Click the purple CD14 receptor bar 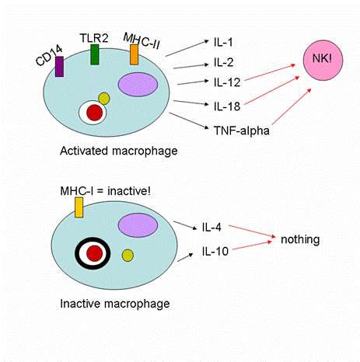(59, 67)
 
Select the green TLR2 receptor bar (95, 54)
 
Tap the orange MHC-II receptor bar (134, 54)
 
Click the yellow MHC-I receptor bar (79, 207)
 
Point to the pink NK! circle (323, 60)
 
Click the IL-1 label (223, 42)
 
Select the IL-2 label (223, 62)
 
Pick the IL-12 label (227, 82)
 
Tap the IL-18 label (227, 106)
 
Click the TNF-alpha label (242, 131)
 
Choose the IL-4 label (211, 227)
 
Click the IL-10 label (215, 251)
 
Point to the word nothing (300, 240)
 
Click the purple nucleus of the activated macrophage (138, 85)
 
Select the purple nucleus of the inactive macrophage (138, 225)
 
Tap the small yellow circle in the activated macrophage (104, 99)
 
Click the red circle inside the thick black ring (94, 253)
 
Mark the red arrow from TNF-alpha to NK (292, 106)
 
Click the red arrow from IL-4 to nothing (252, 231)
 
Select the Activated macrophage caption (119, 151)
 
